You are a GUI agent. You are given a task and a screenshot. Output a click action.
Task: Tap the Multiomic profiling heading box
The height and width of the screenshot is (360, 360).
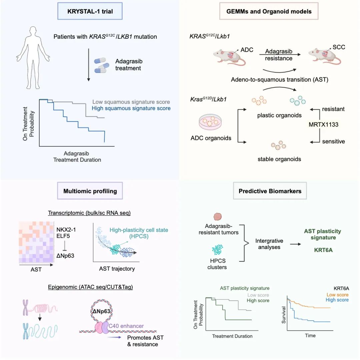click(x=90, y=191)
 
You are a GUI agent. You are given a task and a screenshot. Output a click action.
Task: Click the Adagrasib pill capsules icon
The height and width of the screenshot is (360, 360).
click(x=102, y=65)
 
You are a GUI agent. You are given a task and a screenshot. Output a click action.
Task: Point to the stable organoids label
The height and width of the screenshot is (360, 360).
click(x=279, y=159)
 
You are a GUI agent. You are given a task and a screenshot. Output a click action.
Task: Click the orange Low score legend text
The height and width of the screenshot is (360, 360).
click(x=335, y=294)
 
